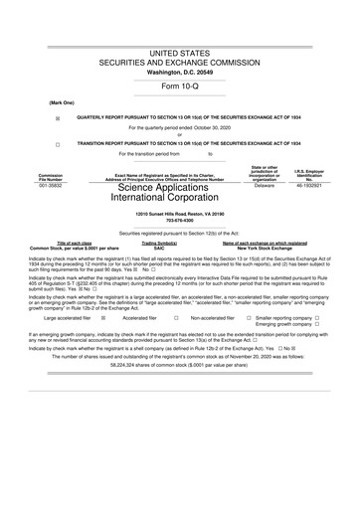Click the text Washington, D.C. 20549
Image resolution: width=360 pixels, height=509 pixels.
179,72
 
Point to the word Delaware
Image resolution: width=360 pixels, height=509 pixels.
265,185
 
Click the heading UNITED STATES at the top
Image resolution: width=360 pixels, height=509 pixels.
179,50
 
